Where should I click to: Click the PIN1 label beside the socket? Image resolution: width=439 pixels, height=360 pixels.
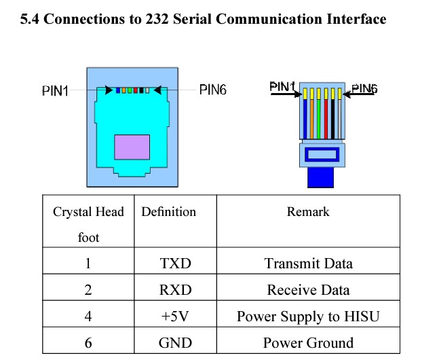pos(56,91)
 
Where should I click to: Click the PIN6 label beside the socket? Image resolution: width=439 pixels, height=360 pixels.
pos(212,90)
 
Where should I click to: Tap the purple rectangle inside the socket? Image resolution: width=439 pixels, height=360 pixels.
pos(132,147)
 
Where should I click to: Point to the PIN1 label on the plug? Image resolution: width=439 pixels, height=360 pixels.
pos(282,87)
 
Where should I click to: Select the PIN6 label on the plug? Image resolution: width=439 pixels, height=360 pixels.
pos(364,88)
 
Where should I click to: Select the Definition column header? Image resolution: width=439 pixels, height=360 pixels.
pos(168,212)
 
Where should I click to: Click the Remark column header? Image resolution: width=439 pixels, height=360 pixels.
pos(308,212)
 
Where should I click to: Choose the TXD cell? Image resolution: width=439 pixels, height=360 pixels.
pos(174,263)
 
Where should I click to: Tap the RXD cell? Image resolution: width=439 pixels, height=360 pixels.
pos(174,290)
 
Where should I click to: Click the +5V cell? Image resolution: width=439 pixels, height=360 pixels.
pos(174,316)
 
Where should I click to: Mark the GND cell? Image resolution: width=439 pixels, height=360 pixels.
pos(174,342)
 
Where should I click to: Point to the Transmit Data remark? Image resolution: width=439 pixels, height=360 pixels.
pos(308,263)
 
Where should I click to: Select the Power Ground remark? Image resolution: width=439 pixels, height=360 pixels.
pos(308,342)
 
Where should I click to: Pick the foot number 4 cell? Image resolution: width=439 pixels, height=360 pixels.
pos(88,316)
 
